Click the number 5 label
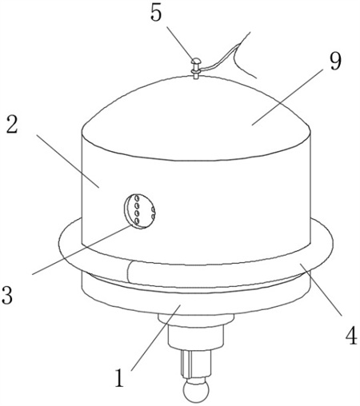coord(156,13)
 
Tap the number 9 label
coord(334,60)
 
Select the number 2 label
coord(12,124)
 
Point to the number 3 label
coord(7,295)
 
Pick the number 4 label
coord(351,336)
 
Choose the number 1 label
coord(119,377)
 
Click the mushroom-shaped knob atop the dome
coord(195,68)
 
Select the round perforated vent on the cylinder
coord(140,211)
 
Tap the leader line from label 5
coord(180,42)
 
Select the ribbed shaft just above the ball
coord(196,363)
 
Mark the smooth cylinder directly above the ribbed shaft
coord(195,337)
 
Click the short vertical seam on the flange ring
coord(128,273)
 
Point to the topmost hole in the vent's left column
coord(137,198)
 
